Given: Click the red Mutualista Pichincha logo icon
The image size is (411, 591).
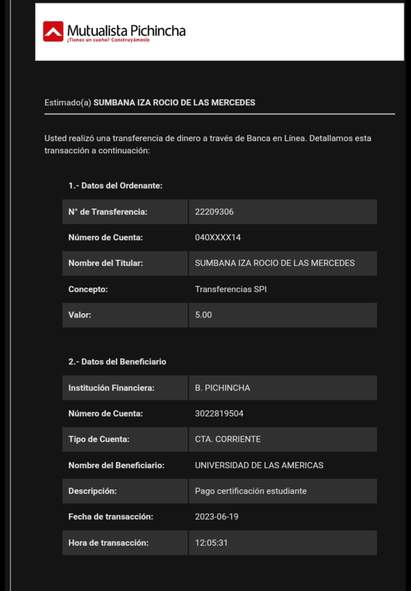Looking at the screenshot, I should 53,31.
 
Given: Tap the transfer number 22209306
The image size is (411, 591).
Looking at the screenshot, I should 214,212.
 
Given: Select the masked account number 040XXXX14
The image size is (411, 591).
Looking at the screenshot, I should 218,237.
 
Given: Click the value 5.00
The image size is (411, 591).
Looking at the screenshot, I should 203,315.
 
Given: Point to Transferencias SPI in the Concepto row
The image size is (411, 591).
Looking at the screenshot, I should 231,289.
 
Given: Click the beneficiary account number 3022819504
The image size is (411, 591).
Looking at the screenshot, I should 219,413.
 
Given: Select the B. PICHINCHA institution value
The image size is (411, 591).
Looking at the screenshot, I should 222,388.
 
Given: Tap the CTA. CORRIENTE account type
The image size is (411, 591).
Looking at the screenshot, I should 228,439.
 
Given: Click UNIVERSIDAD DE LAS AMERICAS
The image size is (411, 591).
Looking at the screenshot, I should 259,465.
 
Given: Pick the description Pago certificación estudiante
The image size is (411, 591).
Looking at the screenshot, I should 250,491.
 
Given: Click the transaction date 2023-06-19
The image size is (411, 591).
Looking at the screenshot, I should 217,517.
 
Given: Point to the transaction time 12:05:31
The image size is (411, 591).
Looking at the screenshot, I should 211,543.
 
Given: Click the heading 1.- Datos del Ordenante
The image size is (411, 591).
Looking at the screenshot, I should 115,186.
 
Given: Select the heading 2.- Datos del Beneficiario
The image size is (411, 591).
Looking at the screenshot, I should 117,362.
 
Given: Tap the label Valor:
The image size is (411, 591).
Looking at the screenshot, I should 80,315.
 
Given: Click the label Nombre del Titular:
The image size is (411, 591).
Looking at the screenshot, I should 105,263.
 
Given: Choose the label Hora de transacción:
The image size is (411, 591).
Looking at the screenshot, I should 108,543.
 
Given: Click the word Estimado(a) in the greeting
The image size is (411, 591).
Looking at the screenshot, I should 68,103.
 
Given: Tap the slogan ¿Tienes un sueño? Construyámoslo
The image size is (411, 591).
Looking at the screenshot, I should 108,40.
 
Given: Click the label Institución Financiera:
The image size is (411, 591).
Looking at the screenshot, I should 111,388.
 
